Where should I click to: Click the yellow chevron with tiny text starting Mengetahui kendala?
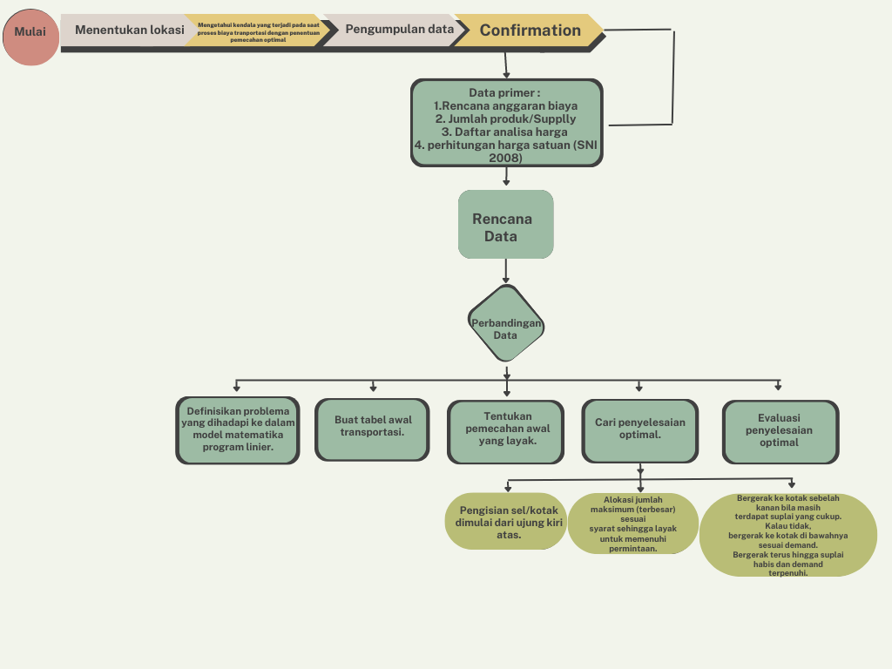pyautogui.click(x=258, y=32)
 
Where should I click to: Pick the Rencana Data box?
pyautogui.click(x=505, y=225)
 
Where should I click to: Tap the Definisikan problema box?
pyautogui.click(x=238, y=429)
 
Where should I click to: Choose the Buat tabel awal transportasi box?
pyautogui.click(x=372, y=429)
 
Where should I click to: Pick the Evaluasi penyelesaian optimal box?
pyautogui.click(x=779, y=430)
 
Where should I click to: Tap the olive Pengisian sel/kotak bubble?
pyautogui.click(x=505, y=522)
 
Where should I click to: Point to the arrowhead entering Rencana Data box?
pyautogui.click(x=506, y=183)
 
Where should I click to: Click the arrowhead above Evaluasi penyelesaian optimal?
pyautogui.click(x=778, y=387)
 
